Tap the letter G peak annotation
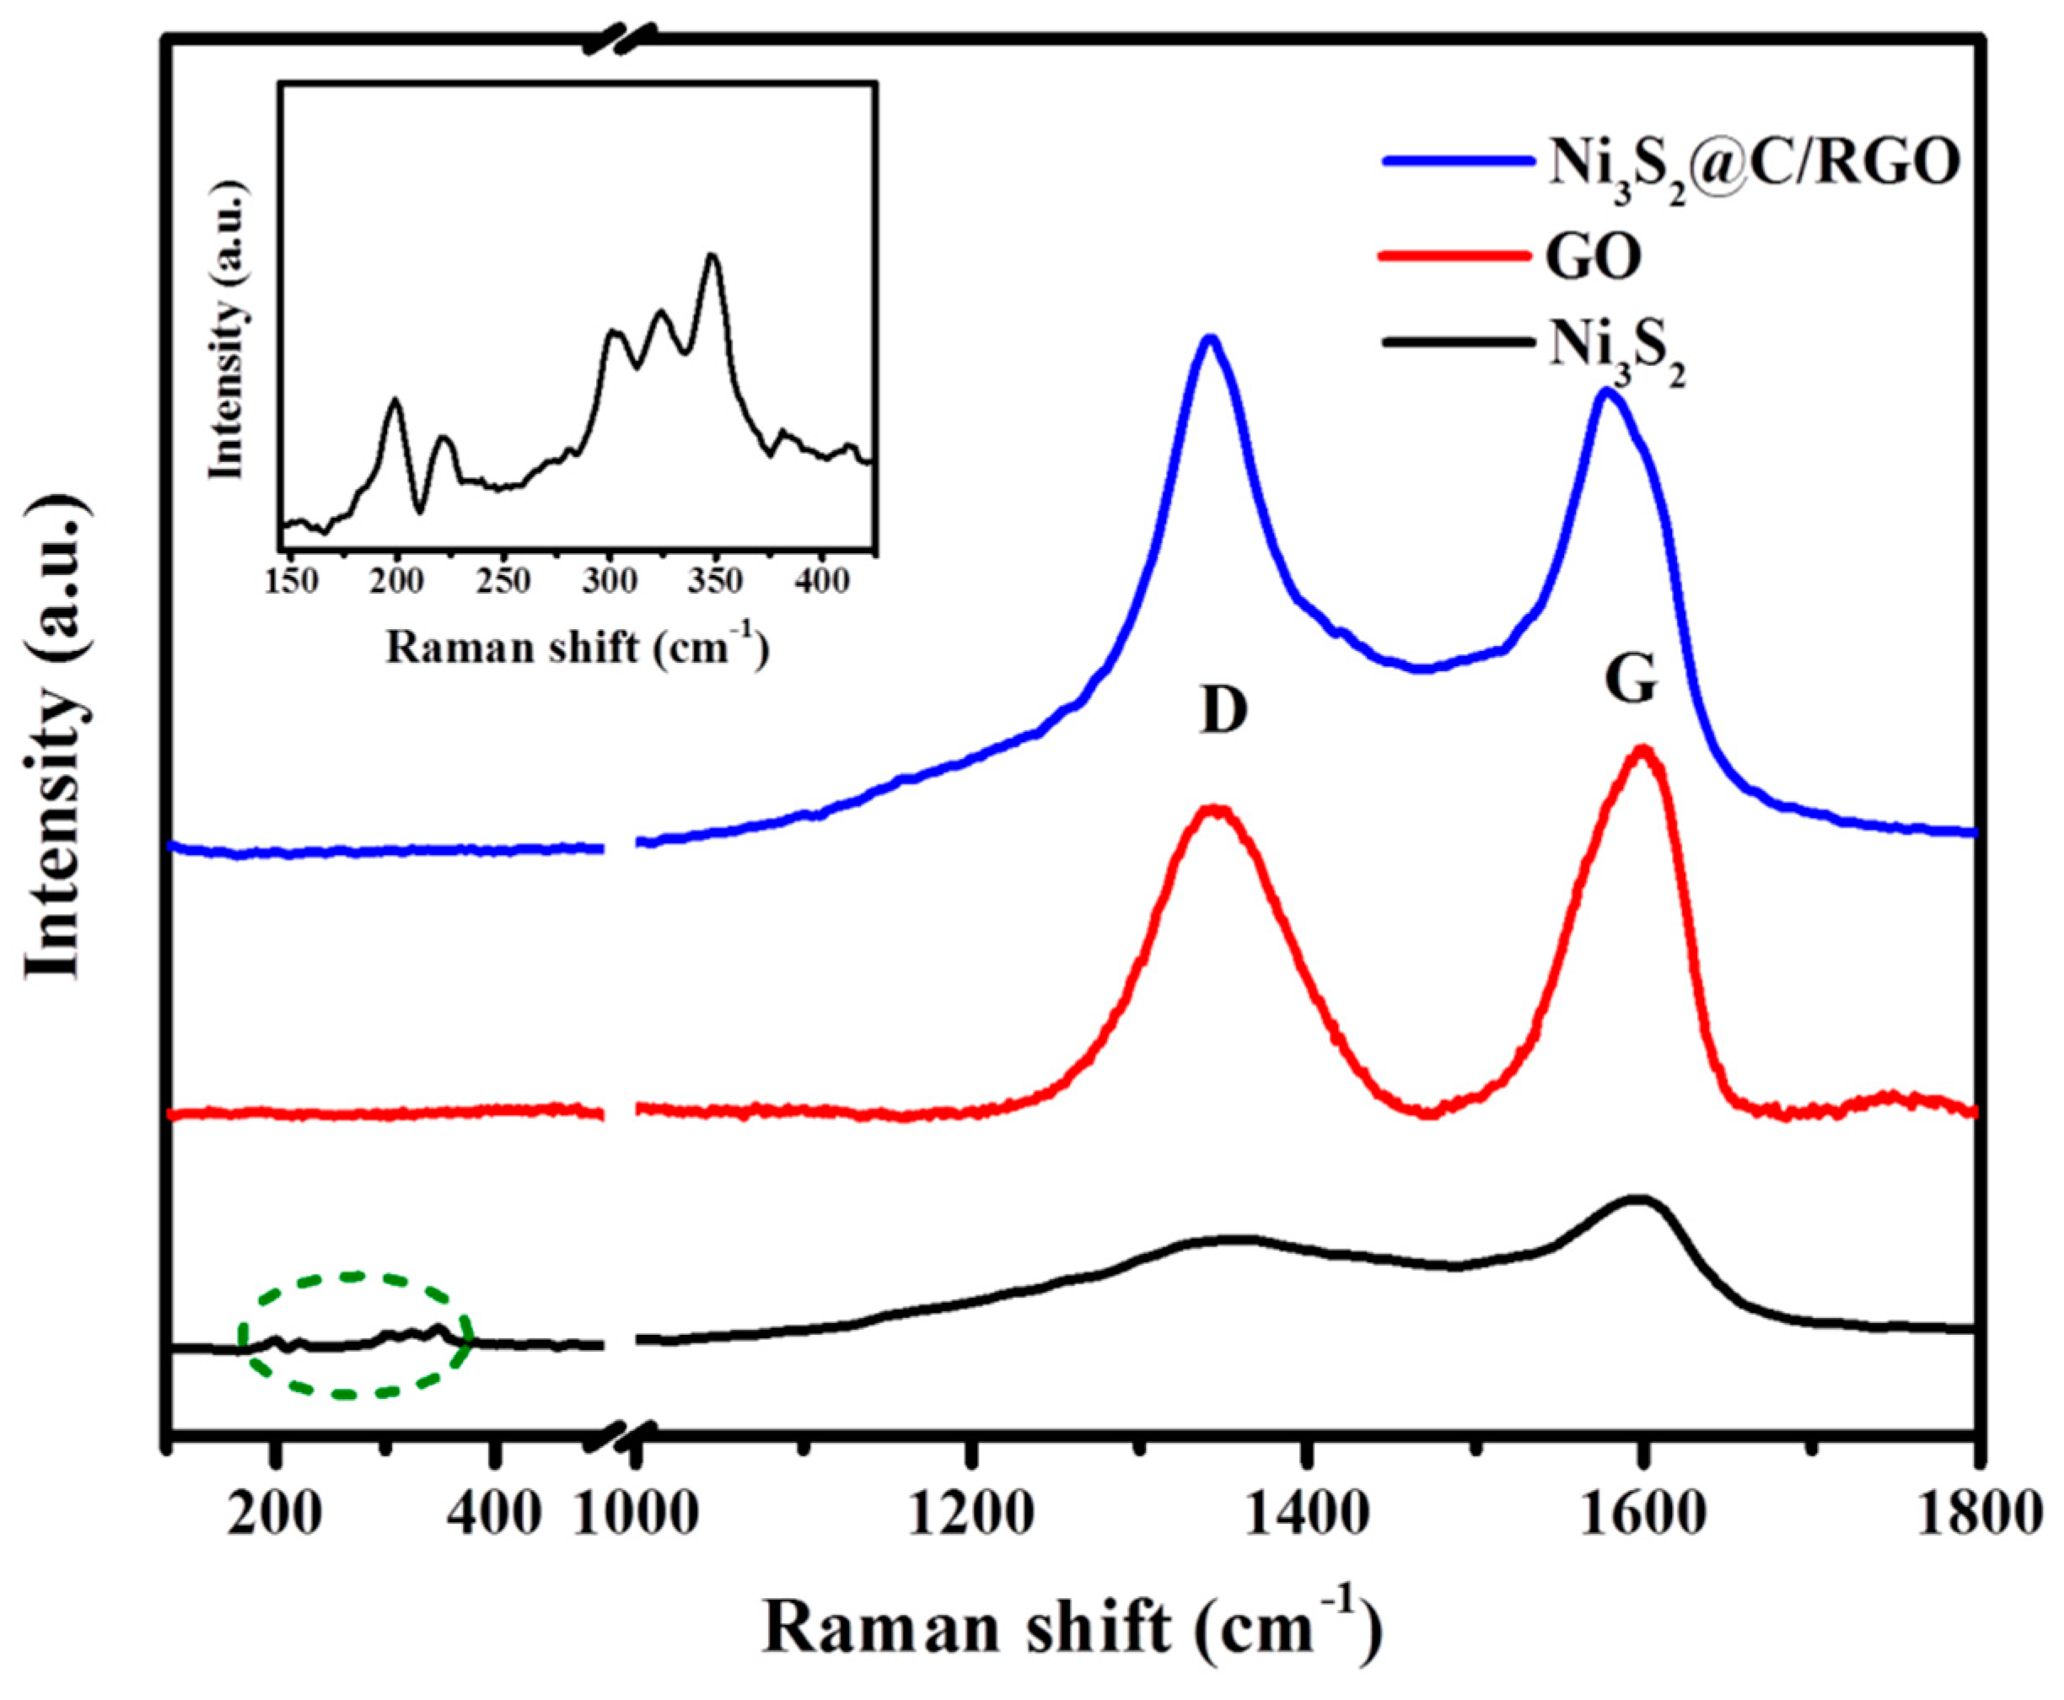pos(1631,681)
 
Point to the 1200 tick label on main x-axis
pos(970,1514)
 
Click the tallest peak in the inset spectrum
pos(712,256)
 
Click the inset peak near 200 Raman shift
pos(395,400)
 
